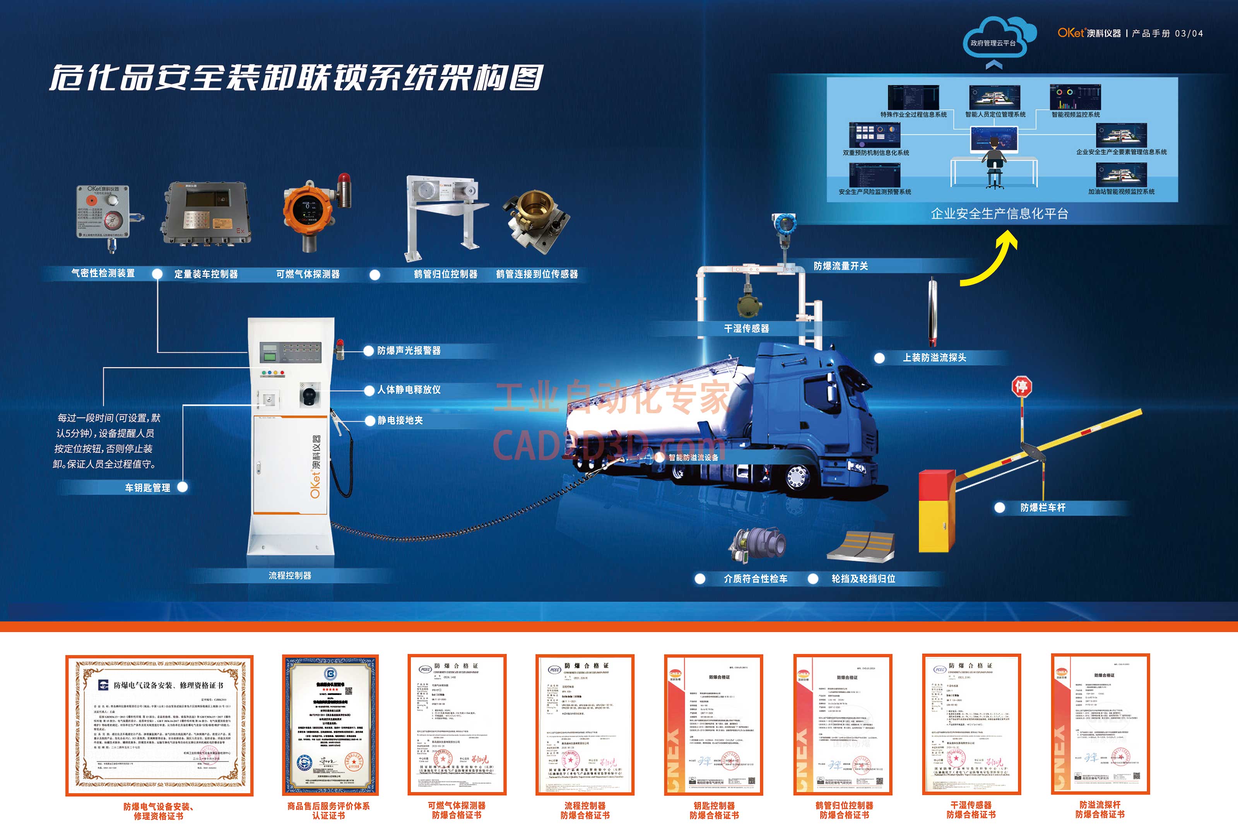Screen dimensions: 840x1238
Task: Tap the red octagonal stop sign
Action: [1021, 386]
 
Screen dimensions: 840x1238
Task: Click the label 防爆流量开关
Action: [841, 266]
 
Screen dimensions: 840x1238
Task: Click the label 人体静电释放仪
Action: [409, 390]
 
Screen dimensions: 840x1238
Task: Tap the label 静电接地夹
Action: [400, 420]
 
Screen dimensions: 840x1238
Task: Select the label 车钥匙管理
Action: [147, 488]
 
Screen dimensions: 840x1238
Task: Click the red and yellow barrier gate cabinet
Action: [937, 510]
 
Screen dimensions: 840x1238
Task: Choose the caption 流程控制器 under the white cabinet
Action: [290, 575]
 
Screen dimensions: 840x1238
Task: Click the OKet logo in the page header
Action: [1071, 33]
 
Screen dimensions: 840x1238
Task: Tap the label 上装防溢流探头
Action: [934, 358]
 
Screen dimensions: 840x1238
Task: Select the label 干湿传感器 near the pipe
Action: [746, 328]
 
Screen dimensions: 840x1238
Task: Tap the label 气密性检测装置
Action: [103, 273]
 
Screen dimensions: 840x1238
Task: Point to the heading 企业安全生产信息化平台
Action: [999, 214]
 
